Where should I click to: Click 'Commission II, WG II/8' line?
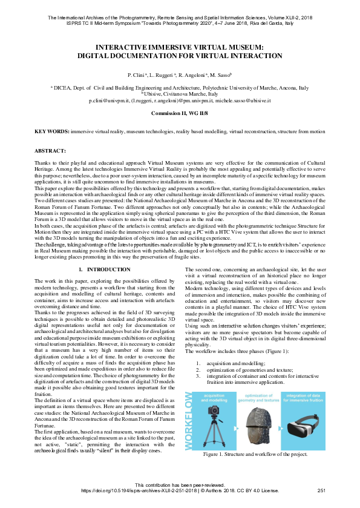[x=180, y=113]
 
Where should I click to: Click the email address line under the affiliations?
[x=180, y=101]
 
